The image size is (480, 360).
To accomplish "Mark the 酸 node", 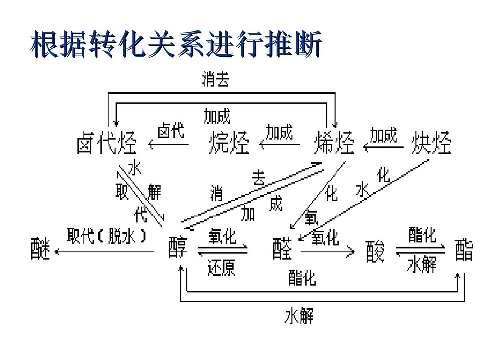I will click(375, 251).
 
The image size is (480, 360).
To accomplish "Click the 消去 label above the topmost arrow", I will click(215, 80).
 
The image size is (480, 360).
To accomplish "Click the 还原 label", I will click(221, 267).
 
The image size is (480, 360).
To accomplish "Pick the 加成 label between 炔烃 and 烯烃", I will click(384, 135).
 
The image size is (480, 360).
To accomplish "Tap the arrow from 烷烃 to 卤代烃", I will click(168, 144).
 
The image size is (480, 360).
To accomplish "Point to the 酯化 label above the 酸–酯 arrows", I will click(422, 235).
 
